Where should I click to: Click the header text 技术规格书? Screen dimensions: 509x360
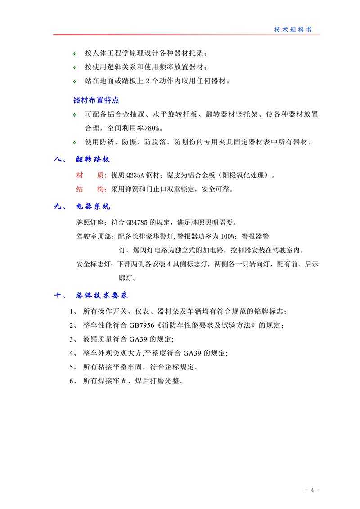(x=292, y=30)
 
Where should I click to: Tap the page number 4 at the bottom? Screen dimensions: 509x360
(x=312, y=490)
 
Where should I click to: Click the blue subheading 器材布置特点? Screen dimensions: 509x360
(x=96, y=99)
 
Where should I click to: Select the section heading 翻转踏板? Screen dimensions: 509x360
(x=93, y=160)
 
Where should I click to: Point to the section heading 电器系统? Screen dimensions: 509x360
(x=93, y=207)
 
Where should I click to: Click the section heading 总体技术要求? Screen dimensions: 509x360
(x=103, y=295)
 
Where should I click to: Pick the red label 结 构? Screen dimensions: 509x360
(x=85, y=189)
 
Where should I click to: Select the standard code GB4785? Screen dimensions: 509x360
(x=137, y=222)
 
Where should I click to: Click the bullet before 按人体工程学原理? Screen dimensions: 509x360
(x=75, y=54)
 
